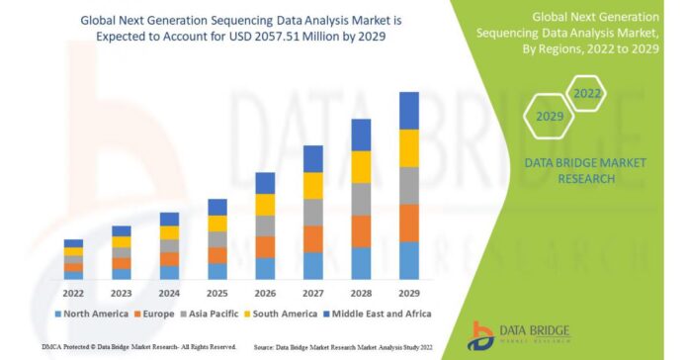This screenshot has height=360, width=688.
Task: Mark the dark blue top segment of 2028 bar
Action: click(x=361, y=135)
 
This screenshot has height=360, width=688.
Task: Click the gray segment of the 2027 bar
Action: click(x=312, y=212)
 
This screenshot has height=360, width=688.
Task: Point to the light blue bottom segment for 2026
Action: click(x=265, y=268)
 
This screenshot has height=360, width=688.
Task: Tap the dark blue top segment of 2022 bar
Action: click(x=73, y=243)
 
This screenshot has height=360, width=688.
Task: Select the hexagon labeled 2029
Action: click(x=551, y=117)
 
